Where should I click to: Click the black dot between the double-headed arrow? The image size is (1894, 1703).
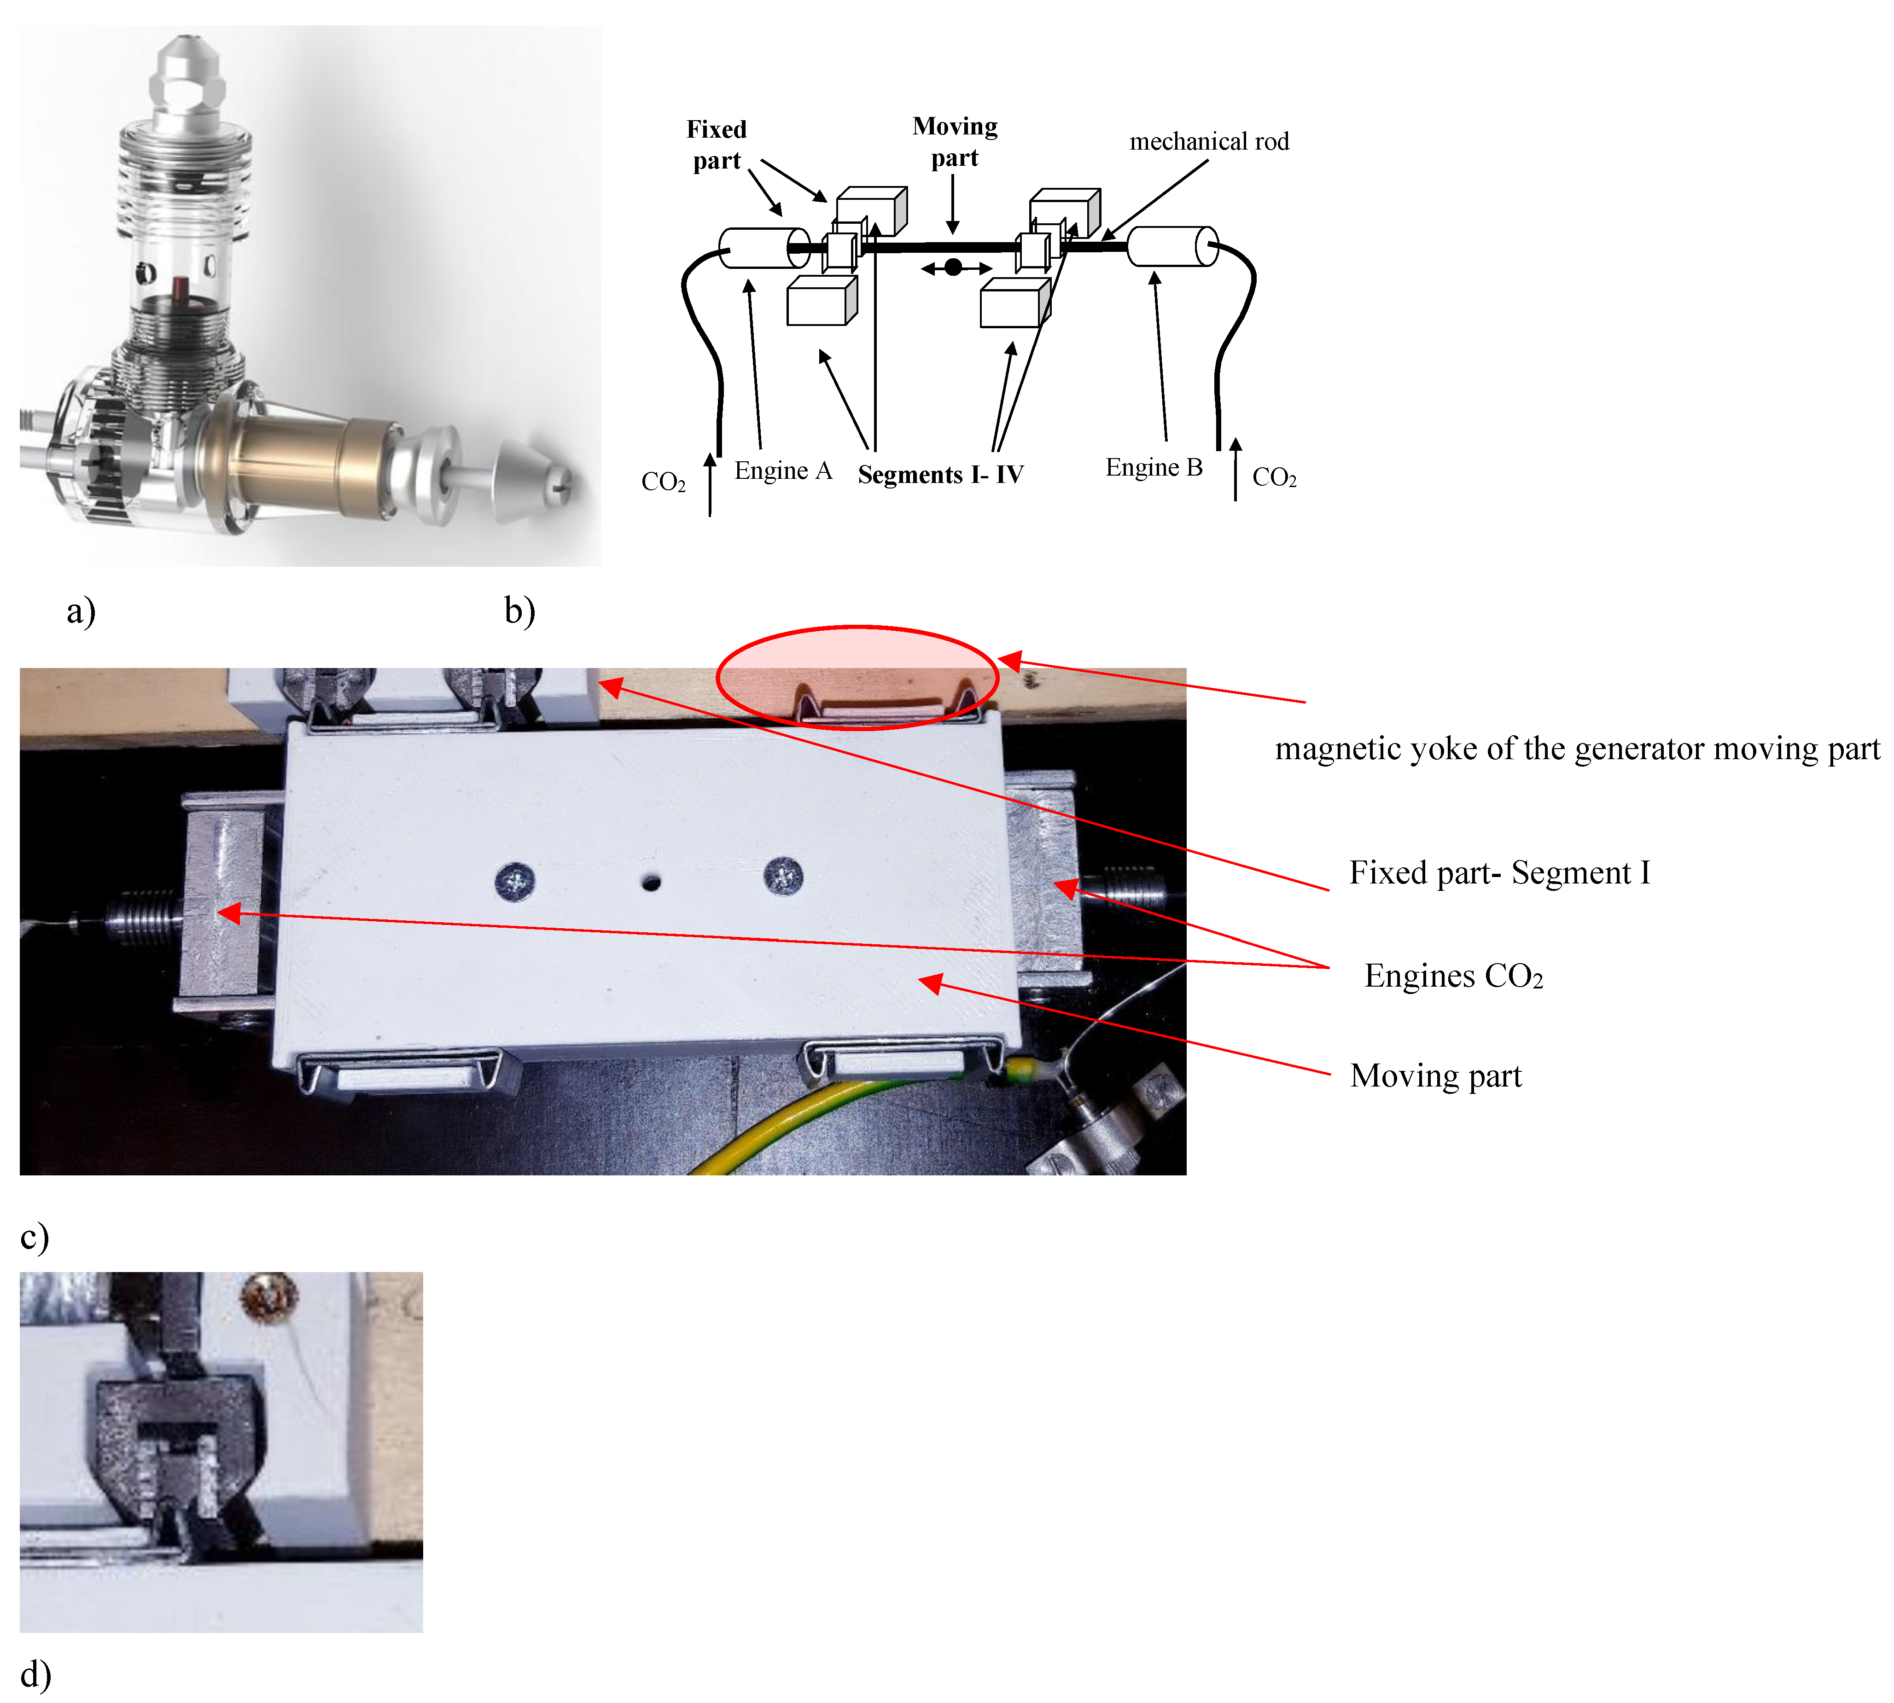(x=953, y=267)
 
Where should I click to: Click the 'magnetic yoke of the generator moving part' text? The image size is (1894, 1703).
(x=1577, y=749)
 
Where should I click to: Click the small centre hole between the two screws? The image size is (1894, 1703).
(x=651, y=882)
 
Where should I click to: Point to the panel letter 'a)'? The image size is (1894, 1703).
(x=81, y=611)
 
